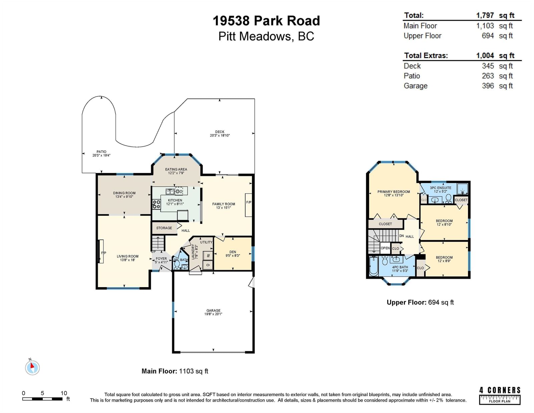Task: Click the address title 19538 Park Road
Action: click(266, 21)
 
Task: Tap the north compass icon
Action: click(32, 368)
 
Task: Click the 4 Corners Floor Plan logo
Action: click(500, 395)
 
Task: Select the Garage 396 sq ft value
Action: click(497, 86)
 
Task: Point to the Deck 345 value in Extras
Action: click(488, 66)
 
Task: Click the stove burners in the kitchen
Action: click(156, 204)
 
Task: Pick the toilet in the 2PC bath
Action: click(177, 264)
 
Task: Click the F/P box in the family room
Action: click(248, 205)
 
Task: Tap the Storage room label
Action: click(164, 228)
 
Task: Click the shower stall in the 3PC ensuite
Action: click(462, 189)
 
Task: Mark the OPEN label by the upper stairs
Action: click(385, 248)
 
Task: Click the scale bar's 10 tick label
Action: click(64, 393)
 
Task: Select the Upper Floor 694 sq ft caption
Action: click(420, 302)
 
